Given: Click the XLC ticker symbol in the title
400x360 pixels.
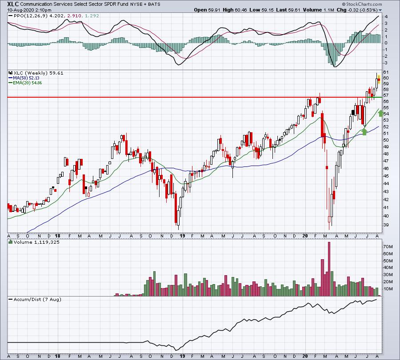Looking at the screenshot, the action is [x=13, y=4].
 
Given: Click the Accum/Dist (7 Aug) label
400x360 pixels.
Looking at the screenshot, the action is [x=37, y=299].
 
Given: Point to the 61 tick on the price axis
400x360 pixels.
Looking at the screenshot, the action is [x=386, y=72].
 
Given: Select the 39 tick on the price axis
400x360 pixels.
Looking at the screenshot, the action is [x=386, y=225].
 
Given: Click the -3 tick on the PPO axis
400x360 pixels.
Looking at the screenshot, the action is [x=386, y=63].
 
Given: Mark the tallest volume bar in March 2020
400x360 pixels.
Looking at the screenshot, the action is [x=329, y=269].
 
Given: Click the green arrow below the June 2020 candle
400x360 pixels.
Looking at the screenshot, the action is [x=364, y=131].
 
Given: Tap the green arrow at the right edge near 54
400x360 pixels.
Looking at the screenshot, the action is [x=380, y=113].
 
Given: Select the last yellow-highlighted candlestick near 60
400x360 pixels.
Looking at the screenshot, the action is [x=379, y=79].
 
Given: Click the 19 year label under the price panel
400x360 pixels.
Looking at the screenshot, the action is [x=182, y=236].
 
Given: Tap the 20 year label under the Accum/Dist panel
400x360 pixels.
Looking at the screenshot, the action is [x=305, y=356].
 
